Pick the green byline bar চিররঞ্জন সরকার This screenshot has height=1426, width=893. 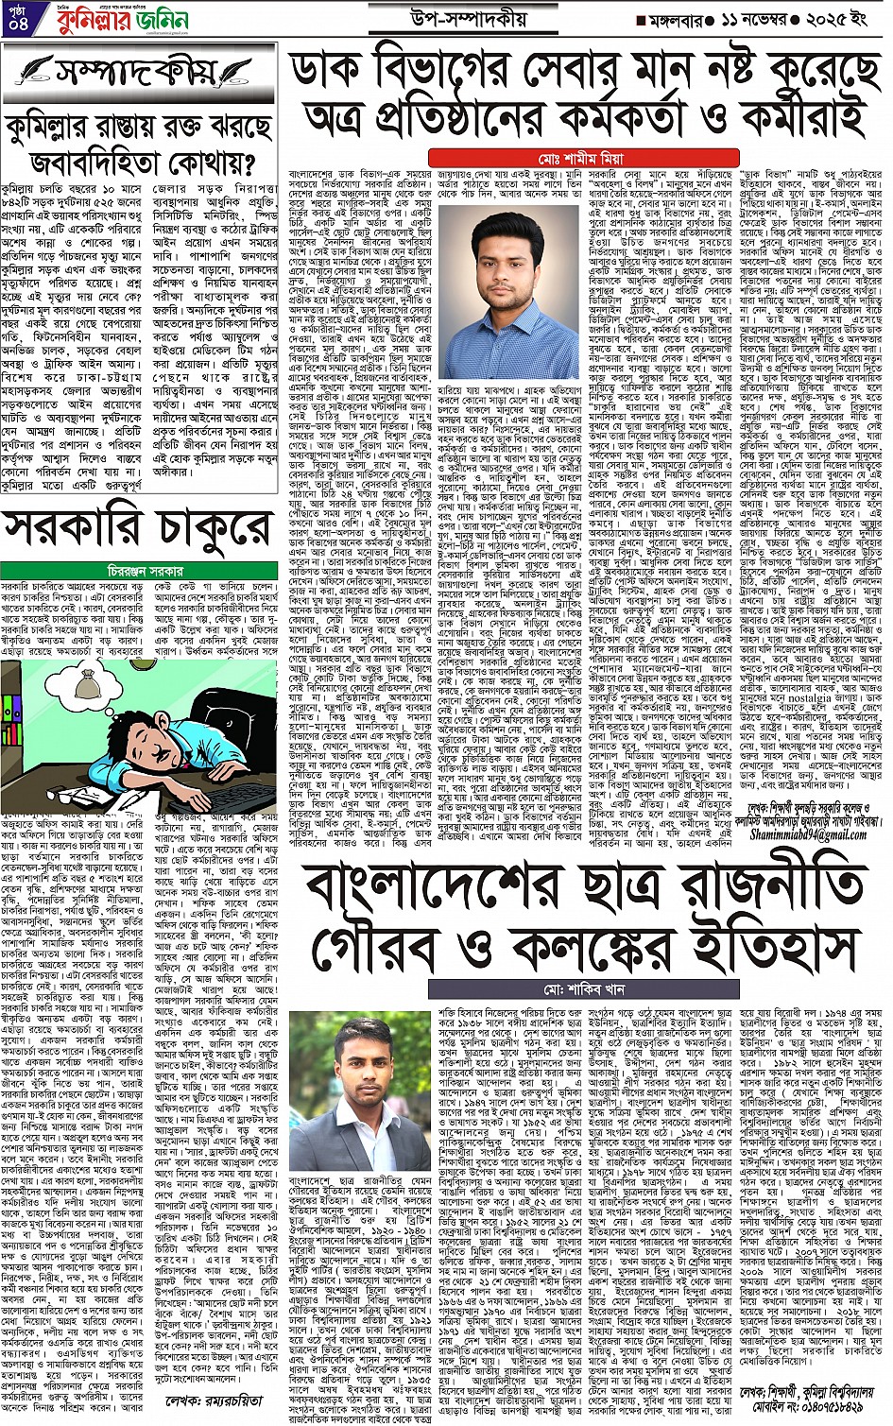click(141, 572)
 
